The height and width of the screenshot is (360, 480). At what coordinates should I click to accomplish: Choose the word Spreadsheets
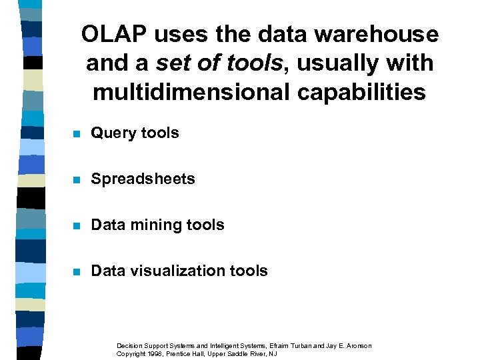143,179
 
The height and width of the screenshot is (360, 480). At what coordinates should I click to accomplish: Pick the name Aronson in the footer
357,345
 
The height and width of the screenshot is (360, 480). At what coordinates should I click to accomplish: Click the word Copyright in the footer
130,353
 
